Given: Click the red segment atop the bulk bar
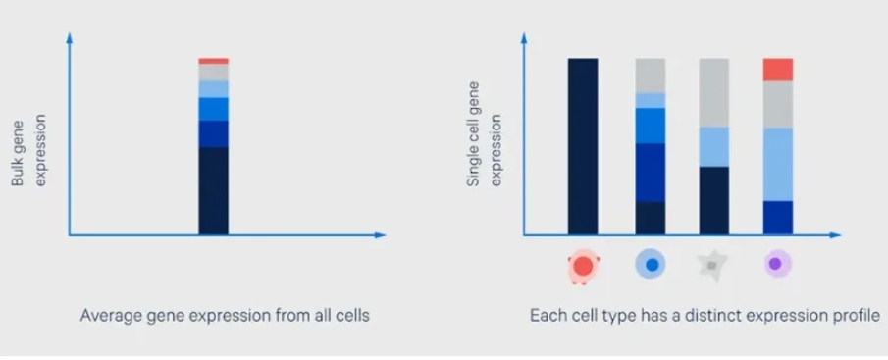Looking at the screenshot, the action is point(214,61).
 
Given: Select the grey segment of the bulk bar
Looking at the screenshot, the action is point(214,72).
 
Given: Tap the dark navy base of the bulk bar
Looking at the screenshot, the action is point(214,190).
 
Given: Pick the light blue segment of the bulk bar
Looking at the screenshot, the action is point(214,89).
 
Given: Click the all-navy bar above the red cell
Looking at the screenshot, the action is point(583,146).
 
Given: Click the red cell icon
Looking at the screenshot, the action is point(583,266).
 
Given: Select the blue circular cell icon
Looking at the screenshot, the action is point(651,264).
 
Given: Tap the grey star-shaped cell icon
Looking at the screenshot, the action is point(712,265).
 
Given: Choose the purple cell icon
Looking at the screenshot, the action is point(777,263).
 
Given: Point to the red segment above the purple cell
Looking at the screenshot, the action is point(777,69).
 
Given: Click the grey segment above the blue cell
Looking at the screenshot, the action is point(651,76).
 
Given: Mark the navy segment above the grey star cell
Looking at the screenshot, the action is point(714,200).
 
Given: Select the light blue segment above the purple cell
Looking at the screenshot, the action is point(777,164).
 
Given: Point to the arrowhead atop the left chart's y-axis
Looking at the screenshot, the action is point(69,37).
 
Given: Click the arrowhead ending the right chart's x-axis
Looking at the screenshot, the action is point(836,234).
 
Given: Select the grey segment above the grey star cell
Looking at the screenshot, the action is point(714,92).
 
